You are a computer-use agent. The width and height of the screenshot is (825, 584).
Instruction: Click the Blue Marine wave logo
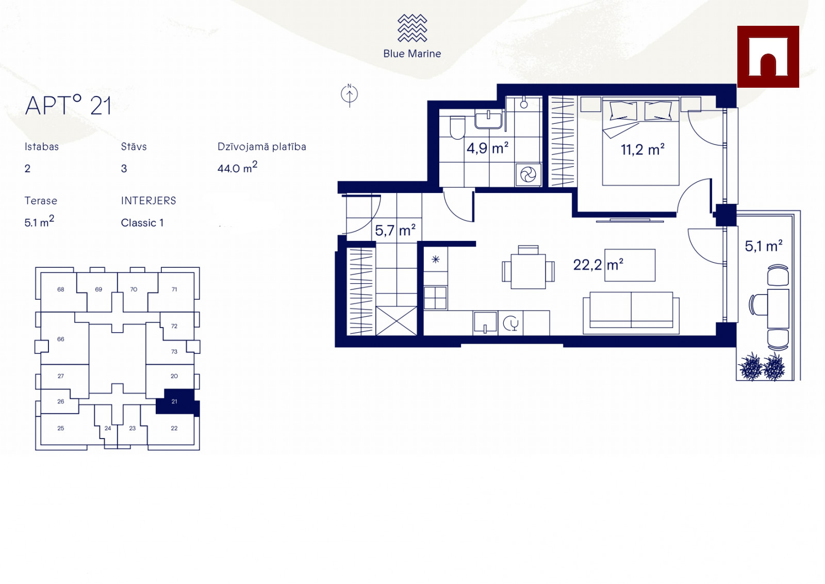412,28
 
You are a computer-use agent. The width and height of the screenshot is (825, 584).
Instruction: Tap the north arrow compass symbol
349,95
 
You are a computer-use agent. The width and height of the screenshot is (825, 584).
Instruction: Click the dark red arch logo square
768,57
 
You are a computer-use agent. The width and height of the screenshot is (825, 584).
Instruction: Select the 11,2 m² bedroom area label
642,150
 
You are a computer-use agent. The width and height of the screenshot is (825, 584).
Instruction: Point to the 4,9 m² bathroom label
488,148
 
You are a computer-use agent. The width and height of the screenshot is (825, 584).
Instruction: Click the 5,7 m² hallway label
395,230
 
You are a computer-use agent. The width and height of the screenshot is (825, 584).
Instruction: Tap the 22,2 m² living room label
598,265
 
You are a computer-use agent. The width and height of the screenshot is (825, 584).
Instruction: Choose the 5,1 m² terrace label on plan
764,246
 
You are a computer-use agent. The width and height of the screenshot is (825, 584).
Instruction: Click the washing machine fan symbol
528,175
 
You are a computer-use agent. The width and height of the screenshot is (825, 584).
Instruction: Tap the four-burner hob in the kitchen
435,298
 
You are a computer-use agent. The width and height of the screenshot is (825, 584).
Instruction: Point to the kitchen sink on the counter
485,323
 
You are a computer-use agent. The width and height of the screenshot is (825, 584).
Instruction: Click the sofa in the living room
631,313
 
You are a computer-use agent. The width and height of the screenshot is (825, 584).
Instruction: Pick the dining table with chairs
528,267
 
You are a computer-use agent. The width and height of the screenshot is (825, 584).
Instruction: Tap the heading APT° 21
68,105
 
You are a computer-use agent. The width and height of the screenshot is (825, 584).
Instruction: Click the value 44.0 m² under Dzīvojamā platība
237,167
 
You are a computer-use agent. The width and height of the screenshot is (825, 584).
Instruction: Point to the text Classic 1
142,223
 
